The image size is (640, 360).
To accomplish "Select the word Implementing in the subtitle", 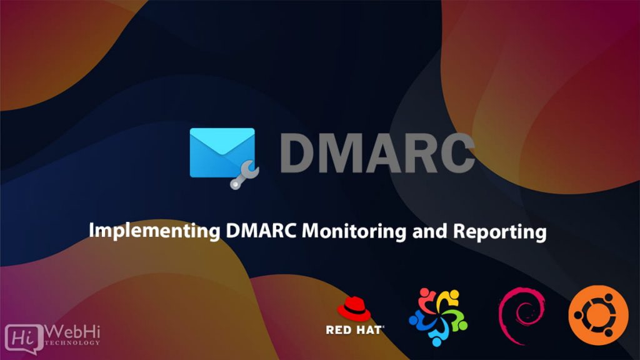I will click(152, 232).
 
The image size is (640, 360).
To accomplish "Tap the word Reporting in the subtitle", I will click(499, 232).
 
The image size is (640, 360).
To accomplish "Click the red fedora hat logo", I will click(354, 309).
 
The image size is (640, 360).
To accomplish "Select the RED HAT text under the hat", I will click(354, 329).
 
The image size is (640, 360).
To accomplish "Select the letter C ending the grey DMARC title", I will click(455, 153).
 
